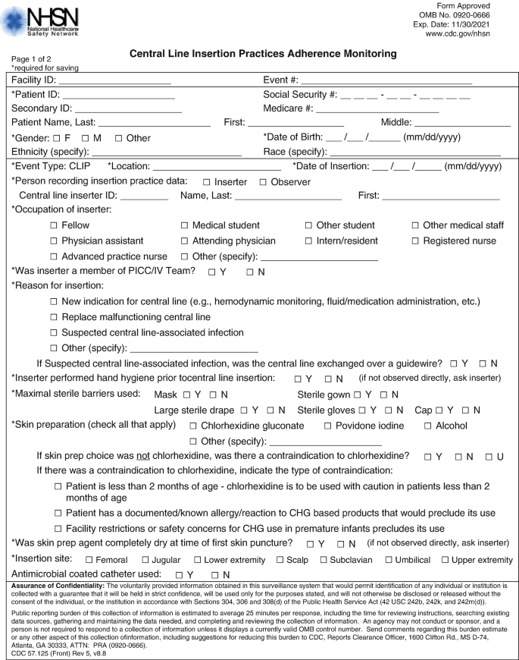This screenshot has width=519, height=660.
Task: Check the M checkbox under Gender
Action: pyautogui.click(x=86, y=138)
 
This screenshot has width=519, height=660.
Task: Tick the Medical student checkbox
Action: pyautogui.click(x=186, y=225)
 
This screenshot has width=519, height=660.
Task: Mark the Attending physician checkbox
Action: pyautogui.click(x=186, y=241)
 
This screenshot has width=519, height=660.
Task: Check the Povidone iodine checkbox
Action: pyautogui.click(x=327, y=426)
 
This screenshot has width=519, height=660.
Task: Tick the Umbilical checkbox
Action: pyautogui.click(x=389, y=560)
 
